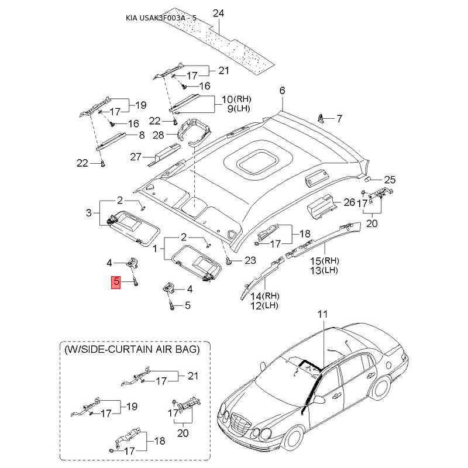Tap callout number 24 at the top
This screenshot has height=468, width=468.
219,13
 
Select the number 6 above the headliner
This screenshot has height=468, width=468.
282,91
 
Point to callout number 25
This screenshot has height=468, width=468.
390,179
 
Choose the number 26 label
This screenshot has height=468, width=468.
349,202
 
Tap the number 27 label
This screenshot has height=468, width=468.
136,156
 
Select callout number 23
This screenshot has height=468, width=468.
250,260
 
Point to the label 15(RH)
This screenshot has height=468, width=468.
324,260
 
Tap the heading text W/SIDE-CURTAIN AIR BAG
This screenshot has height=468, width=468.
132,349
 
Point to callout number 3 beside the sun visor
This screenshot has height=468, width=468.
89,212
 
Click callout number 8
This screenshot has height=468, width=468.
141,135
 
